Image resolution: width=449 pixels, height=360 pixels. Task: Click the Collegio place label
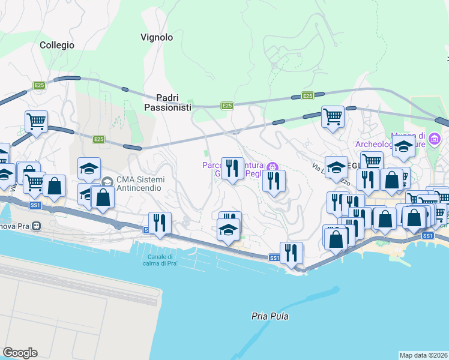tap(57, 45)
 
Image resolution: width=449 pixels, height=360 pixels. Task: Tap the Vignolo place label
tap(157, 37)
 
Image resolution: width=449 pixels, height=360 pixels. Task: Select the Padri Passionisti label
tap(167, 102)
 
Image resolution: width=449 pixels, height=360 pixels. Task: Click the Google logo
tap(20, 353)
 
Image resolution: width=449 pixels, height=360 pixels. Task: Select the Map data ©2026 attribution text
tap(423, 355)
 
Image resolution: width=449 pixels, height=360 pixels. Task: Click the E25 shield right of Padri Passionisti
tap(227, 106)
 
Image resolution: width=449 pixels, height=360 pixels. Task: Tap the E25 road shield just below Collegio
tap(39, 85)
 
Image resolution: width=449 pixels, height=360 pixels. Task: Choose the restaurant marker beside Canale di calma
tap(160, 222)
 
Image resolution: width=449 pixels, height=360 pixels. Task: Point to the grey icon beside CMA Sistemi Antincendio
tap(107, 181)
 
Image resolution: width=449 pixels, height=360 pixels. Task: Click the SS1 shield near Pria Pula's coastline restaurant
tap(274, 258)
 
